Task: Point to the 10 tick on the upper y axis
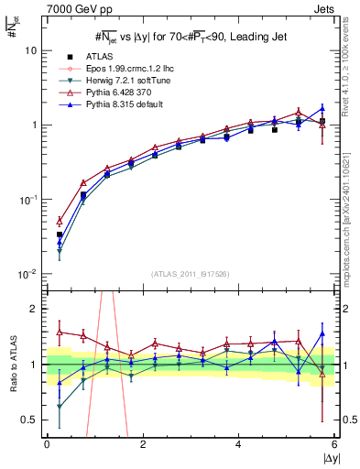pos(30,51)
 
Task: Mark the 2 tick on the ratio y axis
pos(34,309)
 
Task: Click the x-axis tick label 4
pos(239,444)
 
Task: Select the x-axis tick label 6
pos(334,444)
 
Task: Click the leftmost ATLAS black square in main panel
pos(60,234)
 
